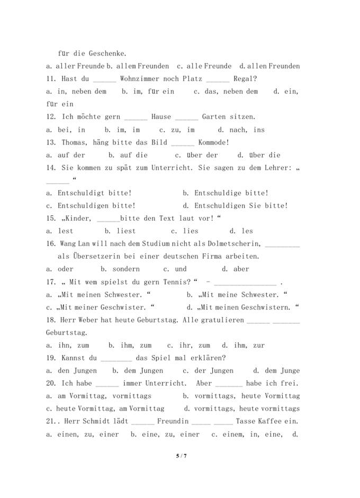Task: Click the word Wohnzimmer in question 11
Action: click(x=139, y=79)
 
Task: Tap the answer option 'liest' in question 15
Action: click(x=126, y=231)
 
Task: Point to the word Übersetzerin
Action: click(x=94, y=256)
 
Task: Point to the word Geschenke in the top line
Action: click(x=104, y=53)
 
